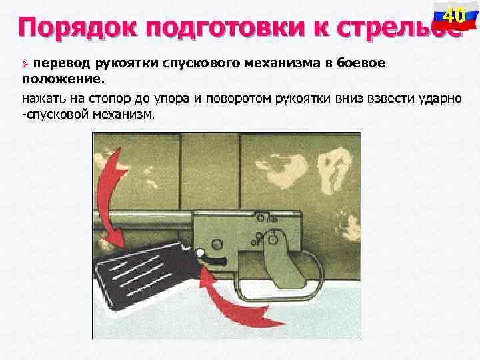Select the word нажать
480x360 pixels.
point(43,98)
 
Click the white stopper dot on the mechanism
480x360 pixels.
point(200,252)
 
